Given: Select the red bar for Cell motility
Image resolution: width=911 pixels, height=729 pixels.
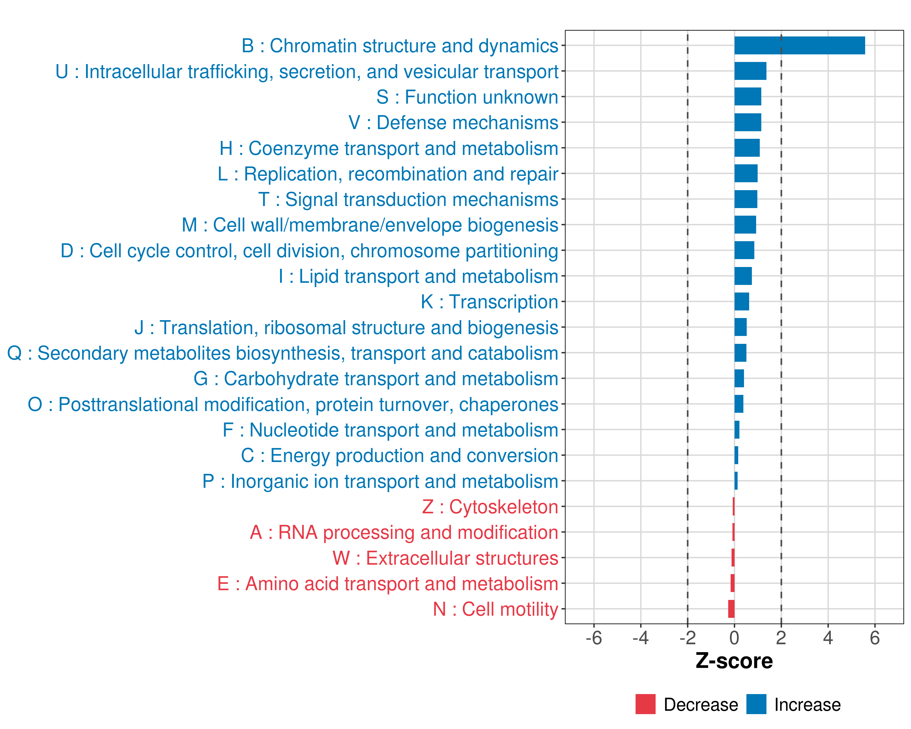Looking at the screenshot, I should pos(731,609).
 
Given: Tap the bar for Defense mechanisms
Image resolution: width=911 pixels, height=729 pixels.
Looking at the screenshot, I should pos(748,122).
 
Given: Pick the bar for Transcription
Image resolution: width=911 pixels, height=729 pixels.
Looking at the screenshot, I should pos(742,302).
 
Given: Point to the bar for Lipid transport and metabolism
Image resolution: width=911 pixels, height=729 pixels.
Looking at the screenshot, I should pos(743,276).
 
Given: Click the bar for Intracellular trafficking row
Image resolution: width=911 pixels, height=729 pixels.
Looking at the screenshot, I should pos(750,71).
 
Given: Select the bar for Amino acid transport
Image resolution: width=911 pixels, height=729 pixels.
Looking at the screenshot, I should pos(732,583).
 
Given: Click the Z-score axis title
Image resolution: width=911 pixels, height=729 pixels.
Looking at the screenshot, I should pos(734,661).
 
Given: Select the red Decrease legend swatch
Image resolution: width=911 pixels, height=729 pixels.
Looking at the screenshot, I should pos(645,704).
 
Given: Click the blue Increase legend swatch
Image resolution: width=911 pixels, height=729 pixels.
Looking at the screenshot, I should pos(756,704).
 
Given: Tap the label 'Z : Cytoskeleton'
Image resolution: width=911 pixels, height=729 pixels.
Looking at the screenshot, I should pos(490,507).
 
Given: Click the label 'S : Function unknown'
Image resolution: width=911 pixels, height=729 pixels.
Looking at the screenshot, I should pos(467,97).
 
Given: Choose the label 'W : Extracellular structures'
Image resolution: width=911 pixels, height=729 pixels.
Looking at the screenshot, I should pos(445,558).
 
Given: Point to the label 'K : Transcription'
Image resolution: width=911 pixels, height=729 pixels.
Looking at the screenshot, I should pos(489,302).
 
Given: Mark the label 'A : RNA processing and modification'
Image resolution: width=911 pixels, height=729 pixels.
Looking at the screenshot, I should pos(404,532).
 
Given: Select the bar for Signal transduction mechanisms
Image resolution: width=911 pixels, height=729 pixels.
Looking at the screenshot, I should pos(746,199).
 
